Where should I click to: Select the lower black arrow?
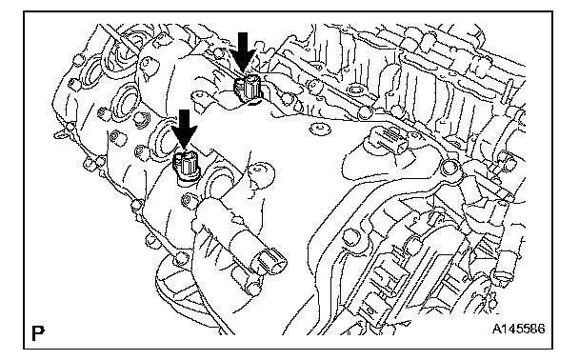pyautogui.click(x=184, y=130)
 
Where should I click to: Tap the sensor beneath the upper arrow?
pyautogui.click(x=248, y=89)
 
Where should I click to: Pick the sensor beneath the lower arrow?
pyautogui.click(x=187, y=165)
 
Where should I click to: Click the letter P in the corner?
pyautogui.click(x=38, y=333)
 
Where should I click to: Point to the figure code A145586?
pyautogui.click(x=518, y=329)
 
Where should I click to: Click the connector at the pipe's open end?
pyautogui.click(x=269, y=262)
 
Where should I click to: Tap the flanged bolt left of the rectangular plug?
pyautogui.click(x=320, y=129)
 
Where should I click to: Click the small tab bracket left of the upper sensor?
pyautogui.click(x=199, y=98)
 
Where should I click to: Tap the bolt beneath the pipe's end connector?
pyautogui.click(x=253, y=288)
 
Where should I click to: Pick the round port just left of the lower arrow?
pyautogui.click(x=164, y=137)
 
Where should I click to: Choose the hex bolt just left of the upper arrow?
pyautogui.click(x=219, y=53)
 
